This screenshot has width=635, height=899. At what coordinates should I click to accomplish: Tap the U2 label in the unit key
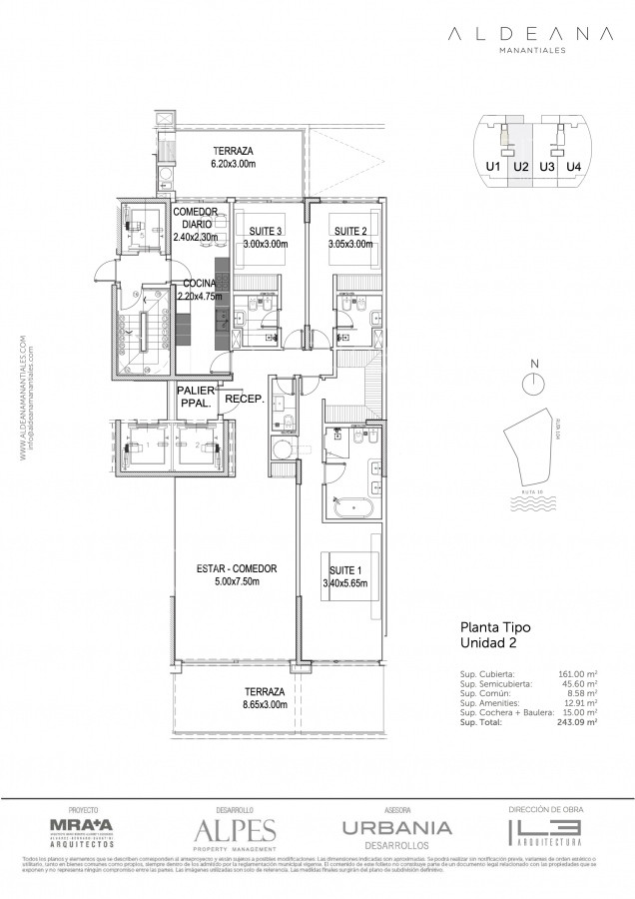[x=520, y=167]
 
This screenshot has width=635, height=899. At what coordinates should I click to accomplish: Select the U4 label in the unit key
[x=573, y=167]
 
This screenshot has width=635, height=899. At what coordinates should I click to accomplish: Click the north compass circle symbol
[x=534, y=383]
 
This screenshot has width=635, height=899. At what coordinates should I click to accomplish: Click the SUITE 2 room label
[x=350, y=231]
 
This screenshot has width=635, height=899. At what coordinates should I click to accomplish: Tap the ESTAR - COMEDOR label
[x=237, y=568]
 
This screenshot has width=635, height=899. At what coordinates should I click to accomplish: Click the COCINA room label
[x=200, y=283]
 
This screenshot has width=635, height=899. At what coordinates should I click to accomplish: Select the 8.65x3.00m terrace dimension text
[x=264, y=704]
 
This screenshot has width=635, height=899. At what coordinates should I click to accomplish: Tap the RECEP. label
[x=243, y=398]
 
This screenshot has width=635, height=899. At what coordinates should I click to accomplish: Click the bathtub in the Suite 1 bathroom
[x=350, y=508]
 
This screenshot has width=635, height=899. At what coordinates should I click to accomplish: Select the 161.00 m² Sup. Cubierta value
[x=578, y=674]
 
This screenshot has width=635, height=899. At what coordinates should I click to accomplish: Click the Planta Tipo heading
[x=494, y=628]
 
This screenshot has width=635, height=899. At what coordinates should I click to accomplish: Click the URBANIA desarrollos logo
[x=397, y=830]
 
